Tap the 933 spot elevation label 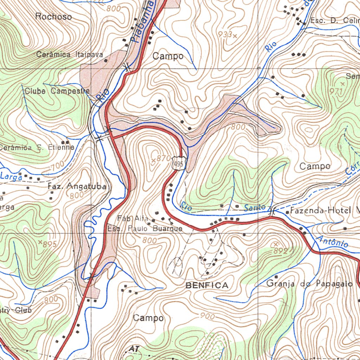coord(227,34)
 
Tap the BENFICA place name coord(207,285)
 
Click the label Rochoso coord(53,17)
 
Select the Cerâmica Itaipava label coord(70,54)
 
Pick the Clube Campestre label coord(57,91)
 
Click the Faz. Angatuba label coord(77,186)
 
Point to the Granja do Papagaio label coord(309,283)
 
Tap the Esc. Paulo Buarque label coord(145,229)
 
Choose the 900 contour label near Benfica coord(207,316)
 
